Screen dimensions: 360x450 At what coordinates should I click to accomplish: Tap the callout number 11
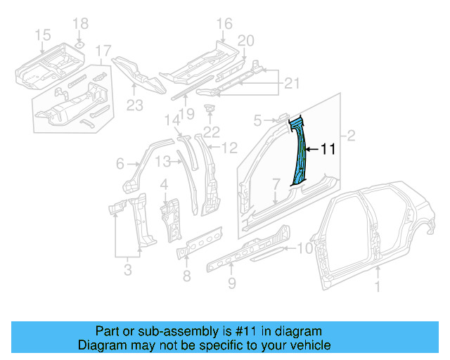pyautogui.click(x=329, y=149)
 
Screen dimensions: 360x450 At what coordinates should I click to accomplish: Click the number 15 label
pyautogui.click(x=42, y=34)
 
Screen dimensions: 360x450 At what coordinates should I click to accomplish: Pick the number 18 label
pyautogui.click(x=81, y=23)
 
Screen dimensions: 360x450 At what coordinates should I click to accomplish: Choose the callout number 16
pyautogui.click(x=224, y=25)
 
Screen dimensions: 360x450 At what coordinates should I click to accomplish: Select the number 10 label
pyautogui.click(x=304, y=247)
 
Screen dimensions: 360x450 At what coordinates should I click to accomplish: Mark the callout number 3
pyautogui.click(x=127, y=267)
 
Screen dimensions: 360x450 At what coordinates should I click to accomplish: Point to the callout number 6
pyautogui.click(x=120, y=164)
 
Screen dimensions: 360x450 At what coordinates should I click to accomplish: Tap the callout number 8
pyautogui.click(x=186, y=276)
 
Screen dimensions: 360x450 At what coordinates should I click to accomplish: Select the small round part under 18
pyautogui.click(x=80, y=44)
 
